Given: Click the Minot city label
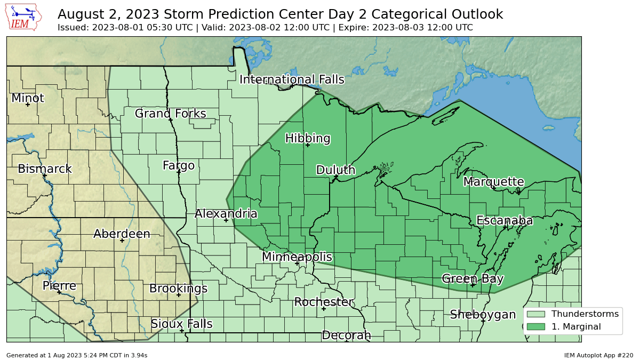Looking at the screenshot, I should point(28,98).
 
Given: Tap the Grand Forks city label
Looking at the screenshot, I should point(170,114).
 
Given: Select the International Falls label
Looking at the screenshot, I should point(292,79).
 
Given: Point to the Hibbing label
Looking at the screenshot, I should point(308,138).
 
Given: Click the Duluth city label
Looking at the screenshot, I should point(335,170).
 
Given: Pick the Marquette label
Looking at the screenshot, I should point(493,182).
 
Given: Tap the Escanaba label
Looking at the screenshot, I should point(504,220).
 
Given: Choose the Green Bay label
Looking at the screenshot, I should point(473,278).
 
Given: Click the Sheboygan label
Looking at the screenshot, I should point(483,315).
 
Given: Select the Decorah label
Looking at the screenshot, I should point(346,335).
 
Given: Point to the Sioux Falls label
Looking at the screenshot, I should point(181,324).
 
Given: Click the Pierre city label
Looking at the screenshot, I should point(59,286).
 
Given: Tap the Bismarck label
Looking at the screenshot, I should point(45,169).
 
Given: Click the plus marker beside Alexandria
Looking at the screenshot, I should point(226,220).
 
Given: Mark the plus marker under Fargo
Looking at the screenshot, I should point(179,172).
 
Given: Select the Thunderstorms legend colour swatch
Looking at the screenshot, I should point(535,314).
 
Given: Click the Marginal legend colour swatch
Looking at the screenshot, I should point(535,326).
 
